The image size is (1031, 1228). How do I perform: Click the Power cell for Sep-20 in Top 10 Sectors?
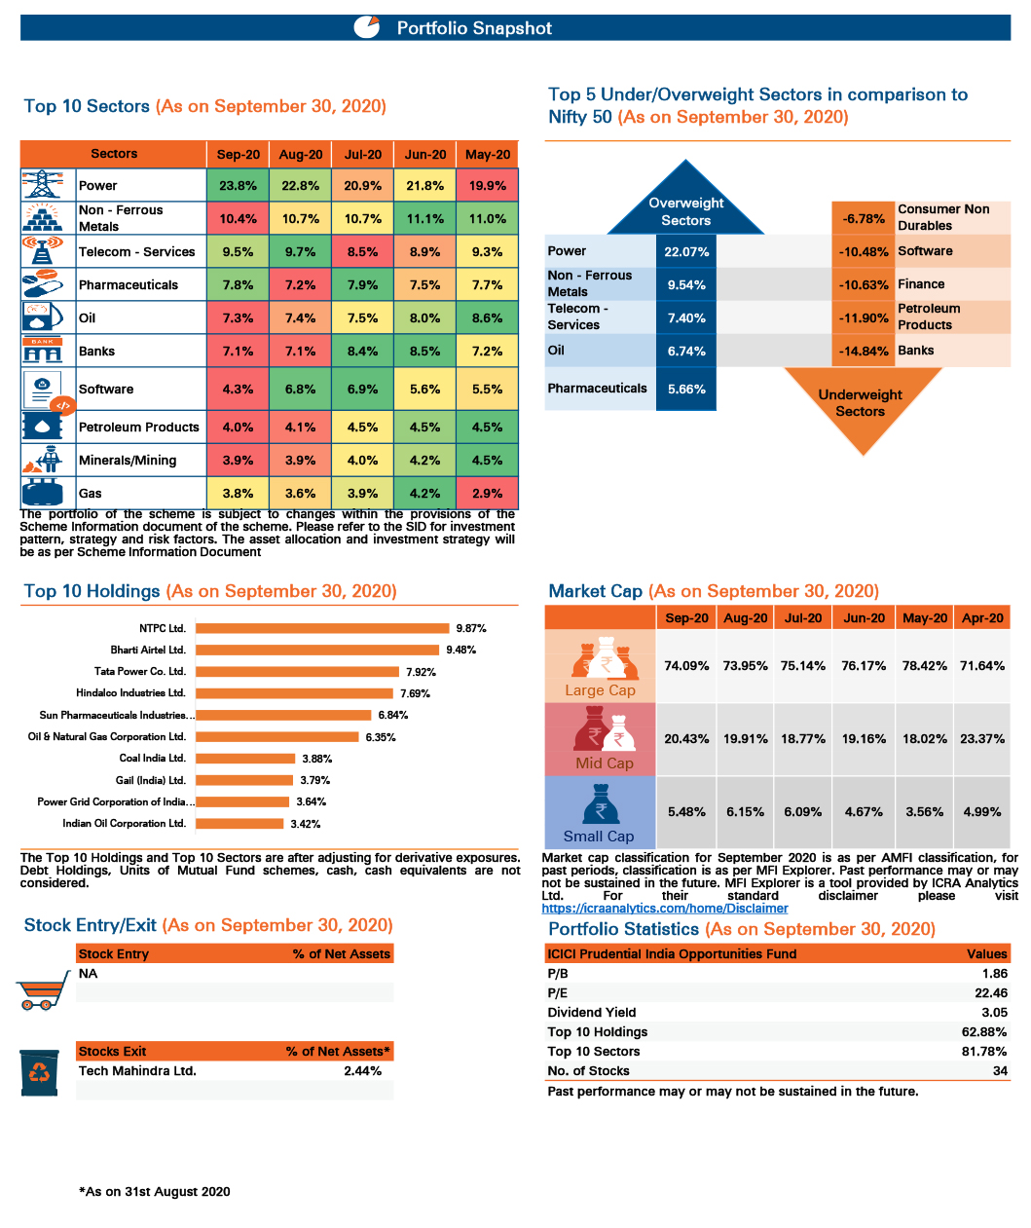tap(238, 185)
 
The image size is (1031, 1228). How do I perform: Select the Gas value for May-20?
tap(487, 493)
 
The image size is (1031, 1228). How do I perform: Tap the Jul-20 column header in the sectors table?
tap(362, 154)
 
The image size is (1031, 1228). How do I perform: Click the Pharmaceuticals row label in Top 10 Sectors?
tap(129, 284)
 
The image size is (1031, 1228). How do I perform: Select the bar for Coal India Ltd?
tap(245, 758)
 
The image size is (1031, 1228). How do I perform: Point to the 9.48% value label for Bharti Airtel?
tap(460, 650)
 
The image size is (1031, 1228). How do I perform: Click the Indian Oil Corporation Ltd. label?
tap(124, 823)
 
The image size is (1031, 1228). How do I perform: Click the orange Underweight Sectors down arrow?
tap(861, 407)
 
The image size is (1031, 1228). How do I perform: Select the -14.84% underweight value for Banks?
tap(864, 351)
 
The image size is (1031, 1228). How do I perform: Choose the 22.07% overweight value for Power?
tap(686, 251)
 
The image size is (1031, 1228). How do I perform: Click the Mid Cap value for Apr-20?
tap(981, 738)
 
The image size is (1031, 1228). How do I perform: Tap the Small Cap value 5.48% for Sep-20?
tap(686, 811)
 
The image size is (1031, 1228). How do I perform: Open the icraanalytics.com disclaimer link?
tap(664, 909)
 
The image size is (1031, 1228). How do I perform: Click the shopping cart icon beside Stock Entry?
tap(42, 990)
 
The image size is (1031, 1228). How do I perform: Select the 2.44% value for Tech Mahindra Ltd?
tap(362, 1070)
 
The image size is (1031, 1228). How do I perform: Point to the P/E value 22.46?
tap(990, 992)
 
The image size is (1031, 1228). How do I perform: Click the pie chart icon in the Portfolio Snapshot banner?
tap(367, 27)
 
